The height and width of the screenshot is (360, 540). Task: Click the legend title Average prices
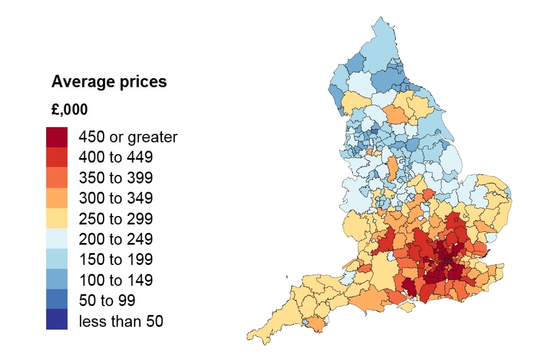[109, 82]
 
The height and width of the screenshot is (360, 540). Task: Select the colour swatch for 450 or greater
[57, 137]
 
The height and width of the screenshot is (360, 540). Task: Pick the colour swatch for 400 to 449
[57, 157]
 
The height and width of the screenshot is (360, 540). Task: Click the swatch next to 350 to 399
[57, 178]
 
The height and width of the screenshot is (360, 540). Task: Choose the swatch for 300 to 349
[57, 198]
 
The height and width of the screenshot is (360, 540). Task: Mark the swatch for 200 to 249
[57, 239]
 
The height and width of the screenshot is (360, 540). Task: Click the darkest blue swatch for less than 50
[57, 321]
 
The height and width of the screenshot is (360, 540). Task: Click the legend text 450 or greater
[128, 137]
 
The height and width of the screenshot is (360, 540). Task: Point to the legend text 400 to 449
[116, 157]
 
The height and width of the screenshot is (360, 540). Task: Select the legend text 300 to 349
[116, 198]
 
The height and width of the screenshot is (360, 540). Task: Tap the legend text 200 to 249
[116, 239]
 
